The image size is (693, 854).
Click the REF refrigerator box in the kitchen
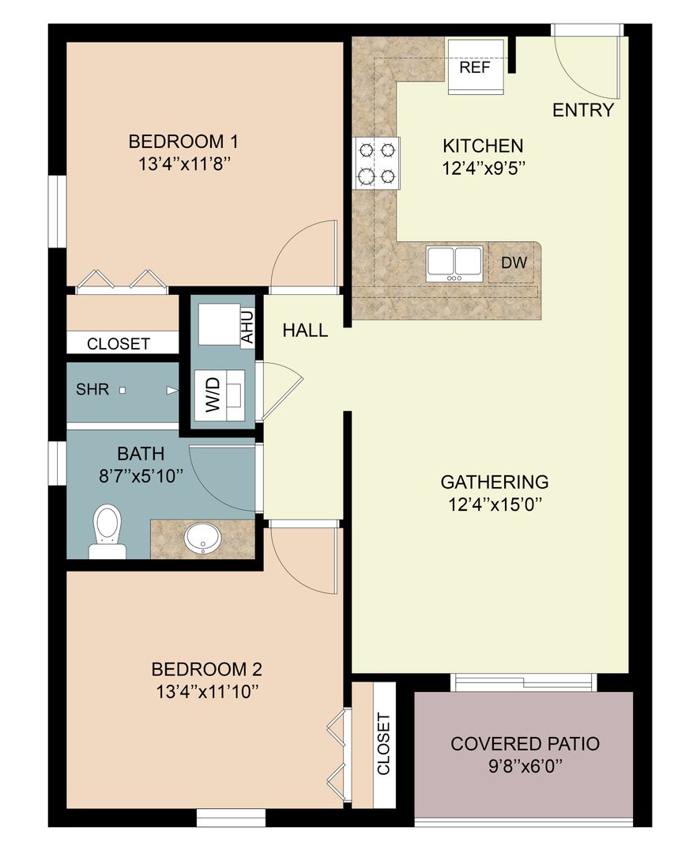(476, 67)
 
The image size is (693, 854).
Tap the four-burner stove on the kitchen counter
(377, 162)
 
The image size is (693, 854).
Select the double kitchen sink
(454, 263)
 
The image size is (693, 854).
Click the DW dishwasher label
(514, 263)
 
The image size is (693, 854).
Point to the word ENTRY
(582, 111)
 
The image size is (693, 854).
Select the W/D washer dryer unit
(223, 394)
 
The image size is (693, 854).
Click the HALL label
(305, 331)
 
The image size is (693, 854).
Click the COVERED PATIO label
(525, 744)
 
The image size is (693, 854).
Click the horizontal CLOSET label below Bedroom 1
(119, 344)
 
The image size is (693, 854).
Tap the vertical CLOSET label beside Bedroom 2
(383, 744)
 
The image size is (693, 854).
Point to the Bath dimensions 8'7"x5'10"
(141, 475)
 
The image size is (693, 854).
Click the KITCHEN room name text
(482, 146)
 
